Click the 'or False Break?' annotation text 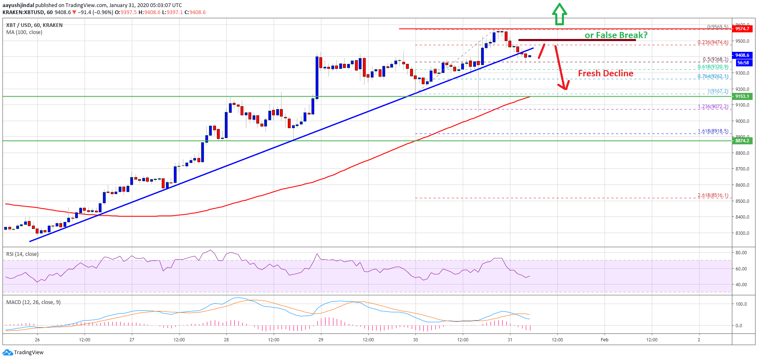point(616,35)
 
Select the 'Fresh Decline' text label point(605,73)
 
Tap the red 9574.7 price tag point(742,29)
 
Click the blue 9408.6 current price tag point(742,55)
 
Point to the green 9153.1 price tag point(742,96)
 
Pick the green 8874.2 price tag point(742,141)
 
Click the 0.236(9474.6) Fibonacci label point(712,42)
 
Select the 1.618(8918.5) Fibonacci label point(712,131)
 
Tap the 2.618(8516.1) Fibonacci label point(712,195)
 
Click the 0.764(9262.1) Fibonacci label point(712,76)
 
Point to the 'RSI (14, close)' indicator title point(22,254)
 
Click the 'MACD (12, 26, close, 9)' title point(33,302)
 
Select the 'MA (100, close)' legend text point(24,32)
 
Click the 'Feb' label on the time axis point(605,340)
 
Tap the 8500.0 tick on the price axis point(742,201)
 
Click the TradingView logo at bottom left point(23,352)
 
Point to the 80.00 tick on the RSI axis point(741,253)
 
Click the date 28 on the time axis point(226,340)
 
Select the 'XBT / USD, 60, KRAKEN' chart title point(34,25)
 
